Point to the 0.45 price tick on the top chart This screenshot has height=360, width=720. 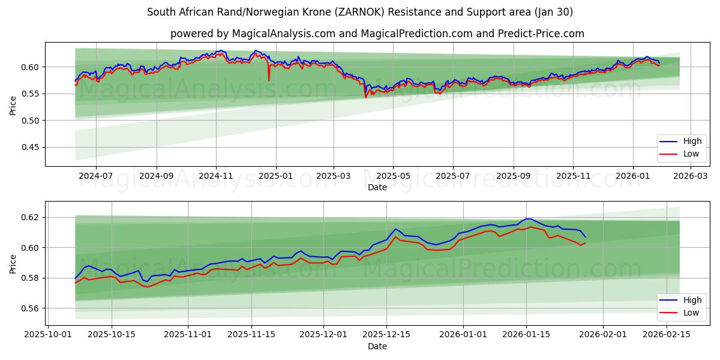click(31, 147)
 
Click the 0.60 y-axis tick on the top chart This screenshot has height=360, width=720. click(31, 67)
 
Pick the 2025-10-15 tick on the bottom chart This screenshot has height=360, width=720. click(111, 335)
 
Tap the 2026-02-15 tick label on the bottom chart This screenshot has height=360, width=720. click(664, 335)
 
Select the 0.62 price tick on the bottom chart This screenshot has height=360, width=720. click(31, 217)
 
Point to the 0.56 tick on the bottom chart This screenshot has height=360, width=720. click(31, 308)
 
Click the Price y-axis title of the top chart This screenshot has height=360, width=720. click(13, 106)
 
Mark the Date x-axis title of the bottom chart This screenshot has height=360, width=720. click(377, 346)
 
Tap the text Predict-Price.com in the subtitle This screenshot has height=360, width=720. click(542, 34)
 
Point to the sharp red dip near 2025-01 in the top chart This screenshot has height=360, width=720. click(269, 80)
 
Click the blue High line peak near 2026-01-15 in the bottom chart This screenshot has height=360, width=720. click(528, 218)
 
